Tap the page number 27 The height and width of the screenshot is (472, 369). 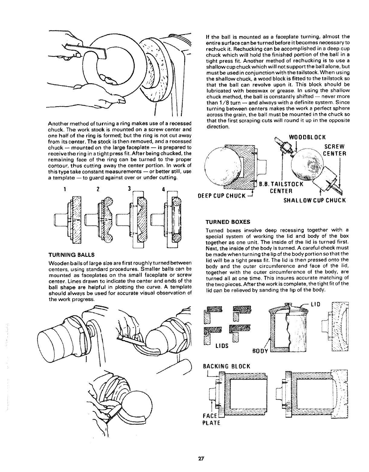(x=200, y=459)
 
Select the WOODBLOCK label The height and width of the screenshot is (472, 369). (x=307, y=137)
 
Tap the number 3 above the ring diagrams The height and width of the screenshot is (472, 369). (x=129, y=189)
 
